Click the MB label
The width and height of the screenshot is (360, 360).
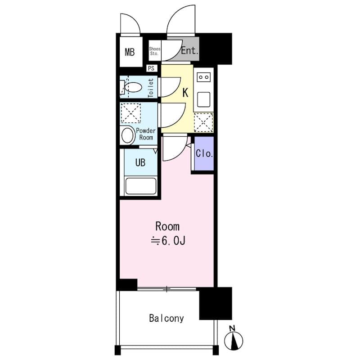tap(130, 52)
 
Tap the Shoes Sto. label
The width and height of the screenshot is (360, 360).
tap(154, 51)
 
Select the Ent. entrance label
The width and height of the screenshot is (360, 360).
tap(189, 51)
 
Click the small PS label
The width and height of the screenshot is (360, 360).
tap(151, 68)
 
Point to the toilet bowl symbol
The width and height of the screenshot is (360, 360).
tap(132, 87)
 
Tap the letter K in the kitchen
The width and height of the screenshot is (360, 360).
tap(185, 93)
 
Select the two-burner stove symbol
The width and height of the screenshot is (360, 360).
tap(203, 77)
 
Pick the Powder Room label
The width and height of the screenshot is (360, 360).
tap(145, 134)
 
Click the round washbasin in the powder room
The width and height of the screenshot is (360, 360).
tap(128, 135)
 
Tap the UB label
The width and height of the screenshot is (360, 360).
tap(140, 162)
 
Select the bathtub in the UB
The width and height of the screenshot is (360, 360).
tap(141, 186)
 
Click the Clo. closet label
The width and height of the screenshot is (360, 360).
tap(204, 153)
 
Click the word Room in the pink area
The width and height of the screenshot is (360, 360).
tap(167, 226)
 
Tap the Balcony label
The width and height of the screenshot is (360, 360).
tap(166, 318)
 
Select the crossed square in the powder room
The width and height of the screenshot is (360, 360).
tap(131, 113)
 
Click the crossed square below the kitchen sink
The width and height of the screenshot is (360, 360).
tap(203, 121)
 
